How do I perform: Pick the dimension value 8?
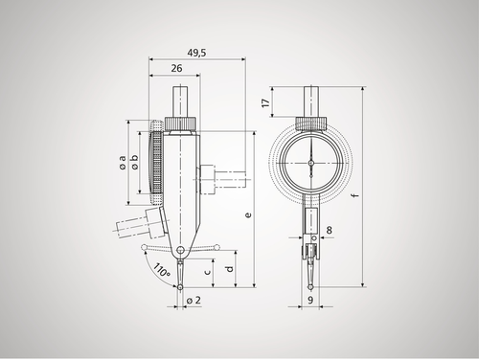(x=329, y=230)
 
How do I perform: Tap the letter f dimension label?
(x=357, y=197)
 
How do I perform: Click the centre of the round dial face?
(x=310, y=165)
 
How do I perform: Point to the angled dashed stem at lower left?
(x=135, y=230)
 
